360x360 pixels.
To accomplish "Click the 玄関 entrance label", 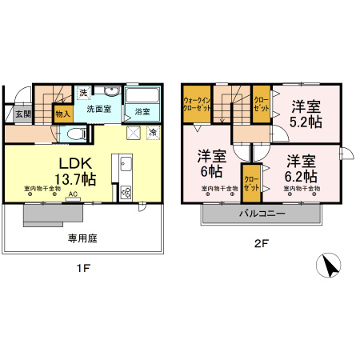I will click(22, 114).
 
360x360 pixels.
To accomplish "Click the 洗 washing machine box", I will click(83, 93).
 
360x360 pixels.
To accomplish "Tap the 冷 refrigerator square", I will click(152, 131).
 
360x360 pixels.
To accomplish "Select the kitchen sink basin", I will click(126, 166).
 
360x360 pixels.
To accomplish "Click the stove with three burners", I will click(126, 192).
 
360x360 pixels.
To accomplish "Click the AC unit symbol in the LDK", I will click(73, 195).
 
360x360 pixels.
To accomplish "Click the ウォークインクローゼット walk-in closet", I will click(196, 102).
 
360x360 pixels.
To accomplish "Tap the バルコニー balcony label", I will click(265, 214).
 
